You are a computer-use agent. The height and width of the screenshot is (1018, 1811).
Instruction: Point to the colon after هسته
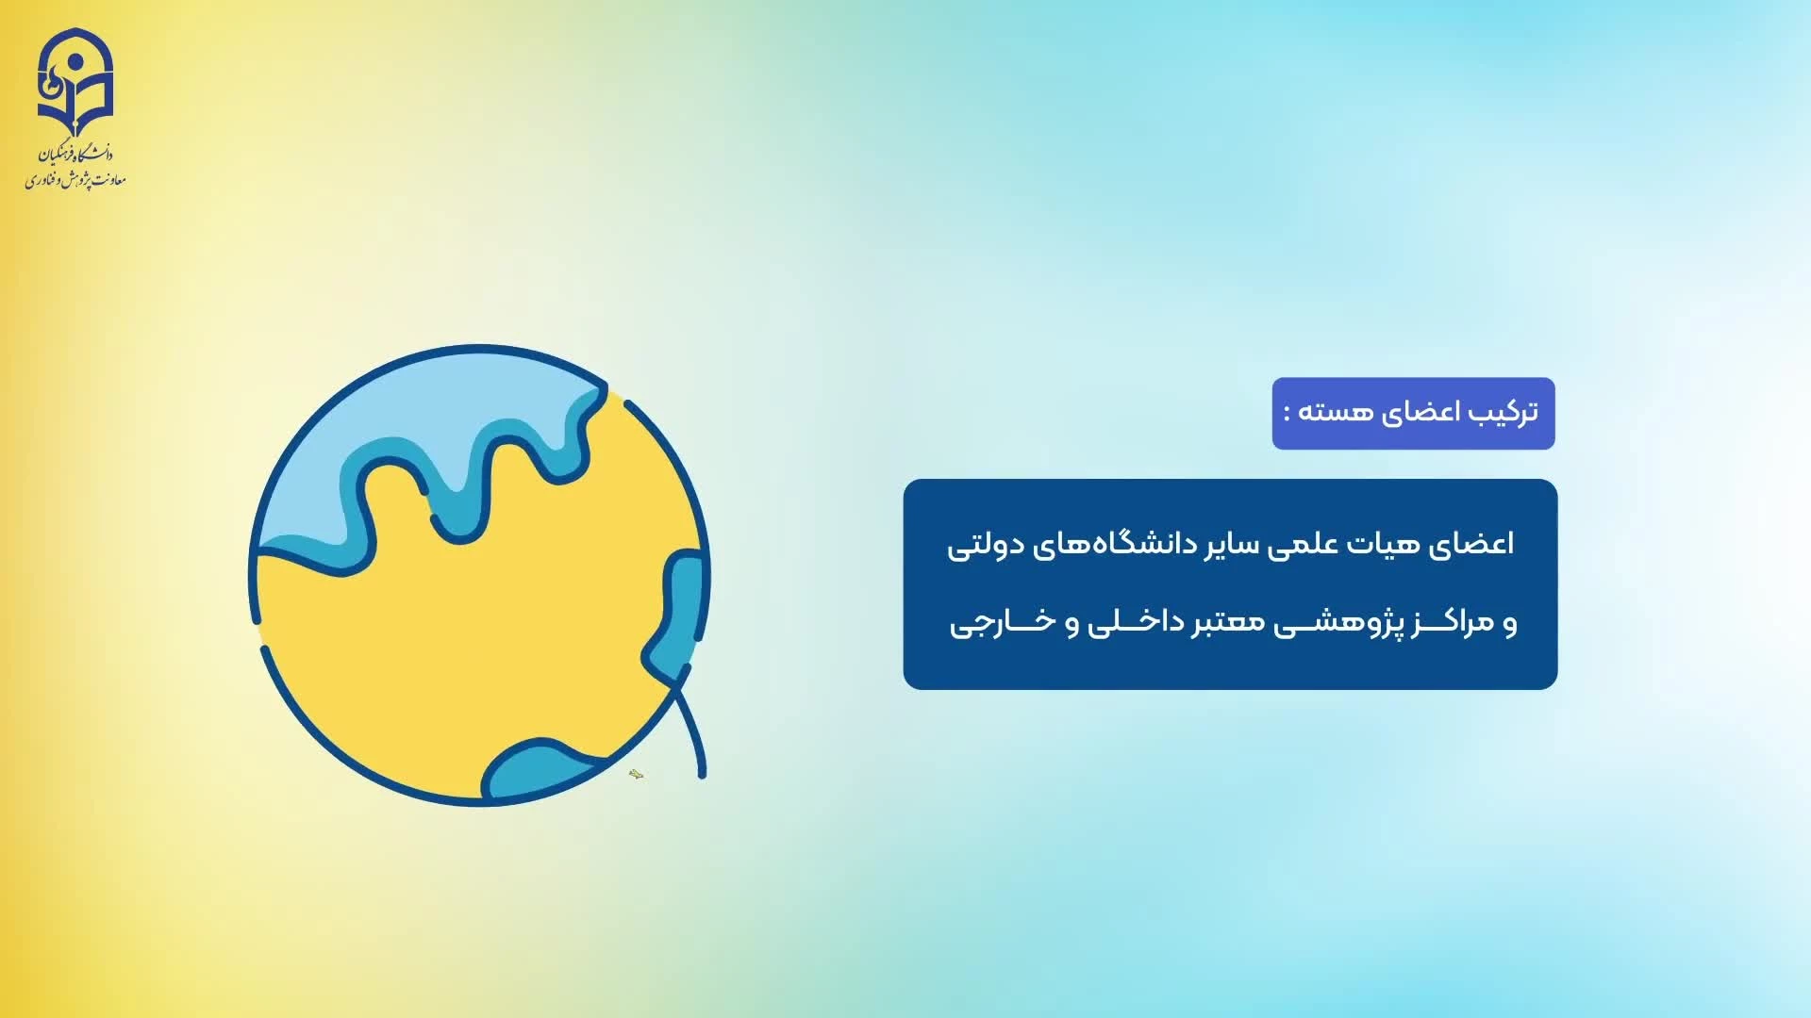(x=1288, y=414)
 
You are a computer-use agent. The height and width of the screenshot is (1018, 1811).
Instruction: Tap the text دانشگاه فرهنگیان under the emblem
(x=75, y=154)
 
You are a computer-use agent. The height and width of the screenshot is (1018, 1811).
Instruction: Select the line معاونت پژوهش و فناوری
(x=75, y=178)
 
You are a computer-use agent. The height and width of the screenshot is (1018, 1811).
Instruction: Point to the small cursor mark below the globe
(x=636, y=775)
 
